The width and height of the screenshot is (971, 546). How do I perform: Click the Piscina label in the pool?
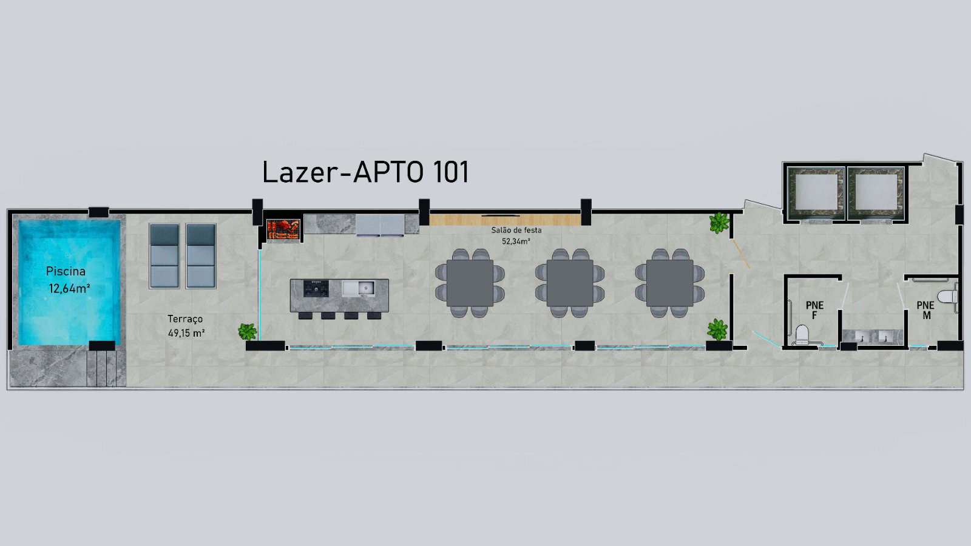click(x=66, y=272)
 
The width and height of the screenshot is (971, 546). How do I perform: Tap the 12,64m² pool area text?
click(x=69, y=288)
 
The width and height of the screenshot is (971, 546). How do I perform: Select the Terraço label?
click(x=185, y=319)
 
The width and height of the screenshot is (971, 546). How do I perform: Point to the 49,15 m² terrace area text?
click(x=186, y=333)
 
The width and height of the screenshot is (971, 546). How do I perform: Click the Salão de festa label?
click(x=516, y=230)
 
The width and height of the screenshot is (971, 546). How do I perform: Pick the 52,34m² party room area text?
click(x=516, y=241)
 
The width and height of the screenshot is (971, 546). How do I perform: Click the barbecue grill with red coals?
click(x=283, y=229)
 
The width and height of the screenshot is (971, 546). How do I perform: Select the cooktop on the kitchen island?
click(x=316, y=288)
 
